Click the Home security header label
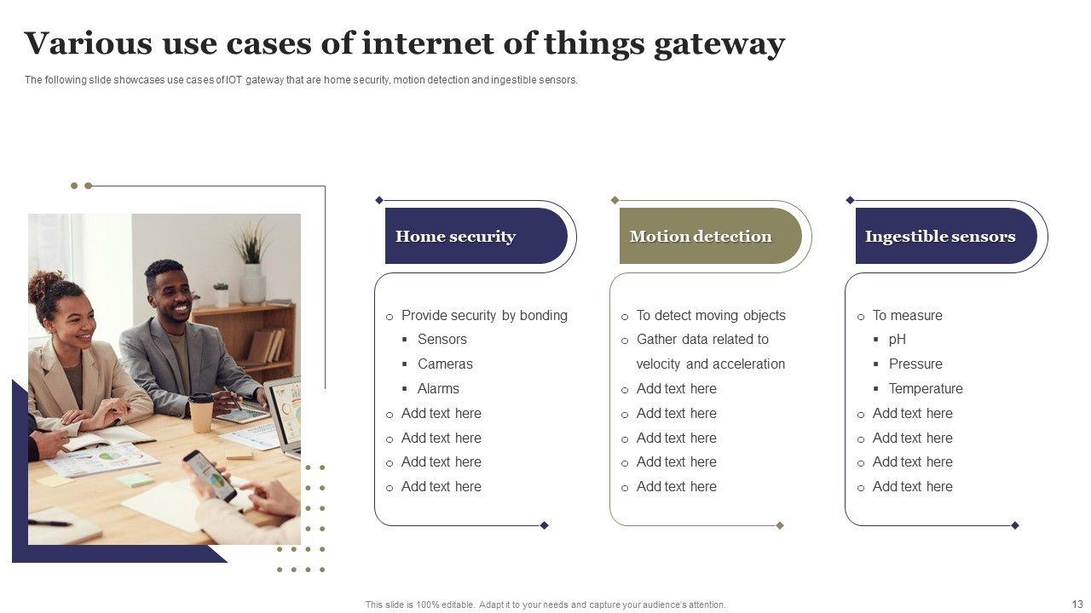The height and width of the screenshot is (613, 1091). [455, 237]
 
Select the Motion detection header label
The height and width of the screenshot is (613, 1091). [701, 237]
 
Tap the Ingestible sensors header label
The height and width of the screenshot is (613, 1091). [939, 237]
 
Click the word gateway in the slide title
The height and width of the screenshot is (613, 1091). [719, 44]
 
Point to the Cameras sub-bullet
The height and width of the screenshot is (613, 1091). [445, 364]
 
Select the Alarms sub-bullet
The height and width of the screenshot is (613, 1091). [438, 388]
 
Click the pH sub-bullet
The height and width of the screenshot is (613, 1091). [897, 339]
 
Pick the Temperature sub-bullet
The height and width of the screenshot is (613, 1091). [925, 388]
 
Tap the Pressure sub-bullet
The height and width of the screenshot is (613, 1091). [915, 364]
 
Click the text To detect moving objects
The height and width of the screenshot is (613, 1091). [711, 315]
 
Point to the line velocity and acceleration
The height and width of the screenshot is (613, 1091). [710, 364]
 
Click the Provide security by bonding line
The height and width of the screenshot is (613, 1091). [484, 315]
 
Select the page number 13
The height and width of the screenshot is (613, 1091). [1077, 604]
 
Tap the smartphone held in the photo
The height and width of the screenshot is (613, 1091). [210, 474]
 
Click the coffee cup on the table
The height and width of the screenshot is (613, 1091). [201, 412]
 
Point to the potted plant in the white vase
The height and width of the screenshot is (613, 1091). [251, 264]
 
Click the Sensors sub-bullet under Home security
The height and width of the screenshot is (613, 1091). [442, 339]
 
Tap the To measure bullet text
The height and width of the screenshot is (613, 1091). [907, 315]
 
